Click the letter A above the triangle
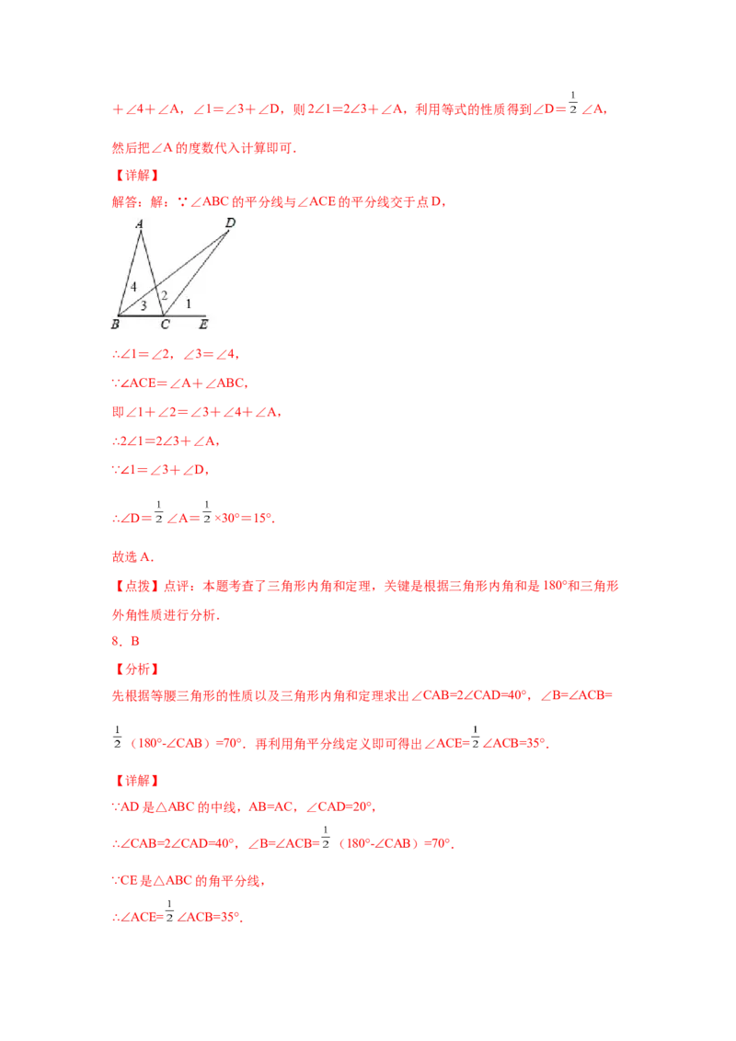pos(139,223)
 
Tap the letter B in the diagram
pos(116,324)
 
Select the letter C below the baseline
pos(165,325)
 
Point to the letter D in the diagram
pos(229,221)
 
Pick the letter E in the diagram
pos(202,325)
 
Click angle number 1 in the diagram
pos(189,303)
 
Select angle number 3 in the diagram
pos(144,306)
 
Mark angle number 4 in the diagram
pos(133,287)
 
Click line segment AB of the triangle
pos(130,272)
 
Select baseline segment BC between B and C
pos(140,315)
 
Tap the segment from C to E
pos(184,315)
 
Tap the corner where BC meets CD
pos(164,315)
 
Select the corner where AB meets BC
pos(118,315)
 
